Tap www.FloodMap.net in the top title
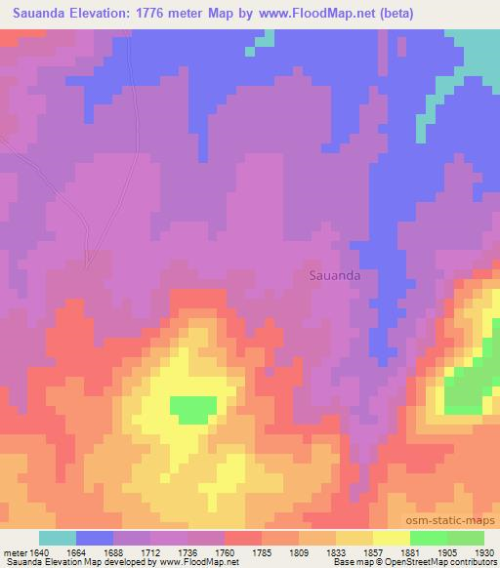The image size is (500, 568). click(x=317, y=14)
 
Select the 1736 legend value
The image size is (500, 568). click(x=188, y=551)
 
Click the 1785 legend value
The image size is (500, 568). click(x=263, y=551)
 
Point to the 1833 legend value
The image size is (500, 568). click(x=337, y=551)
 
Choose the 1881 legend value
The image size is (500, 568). click(x=410, y=551)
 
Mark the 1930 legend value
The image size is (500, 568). click(x=484, y=551)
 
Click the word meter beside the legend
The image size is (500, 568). click(x=13, y=551)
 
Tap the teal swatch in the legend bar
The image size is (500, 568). click(x=58, y=538)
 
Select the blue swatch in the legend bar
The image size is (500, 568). click(x=95, y=538)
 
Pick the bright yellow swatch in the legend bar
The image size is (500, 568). click(x=391, y=538)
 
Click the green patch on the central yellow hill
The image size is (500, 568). click(x=193, y=408)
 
